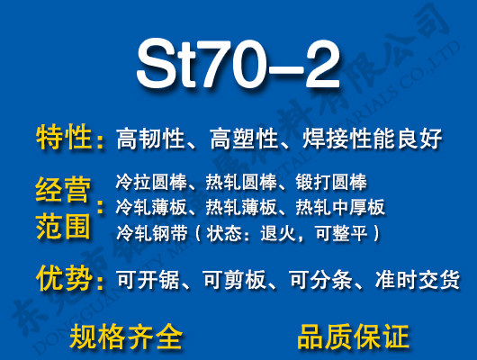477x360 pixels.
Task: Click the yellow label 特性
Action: pyautogui.click(x=64, y=139)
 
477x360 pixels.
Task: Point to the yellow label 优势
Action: pyautogui.click(x=64, y=278)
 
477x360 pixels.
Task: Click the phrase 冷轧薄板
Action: pyautogui.click(x=147, y=208)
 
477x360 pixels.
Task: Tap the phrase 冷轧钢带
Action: pyautogui.click(x=147, y=233)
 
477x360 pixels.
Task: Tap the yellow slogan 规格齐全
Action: pyautogui.click(x=125, y=337)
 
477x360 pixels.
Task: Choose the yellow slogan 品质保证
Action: pyautogui.click(x=352, y=337)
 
